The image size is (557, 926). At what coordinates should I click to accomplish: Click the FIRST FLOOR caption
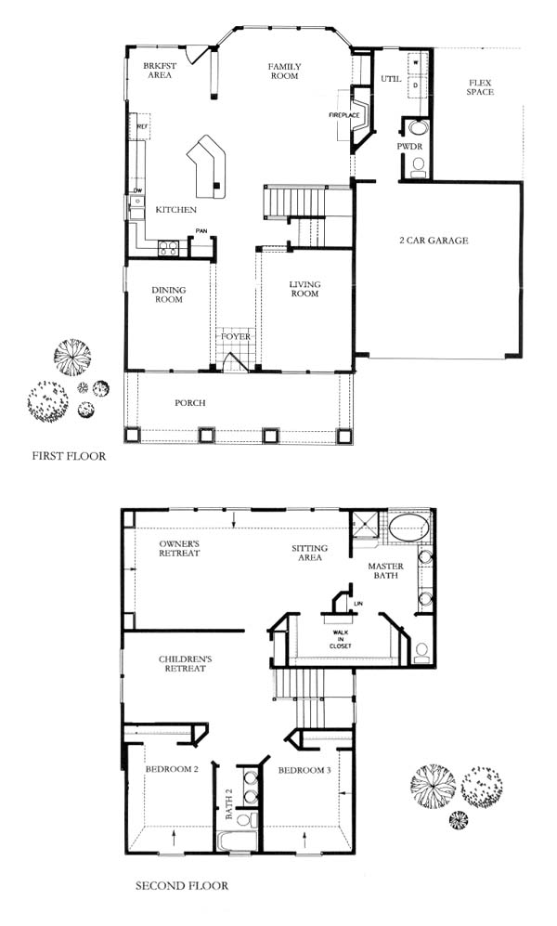(x=69, y=456)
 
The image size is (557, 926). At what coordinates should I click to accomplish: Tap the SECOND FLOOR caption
(x=182, y=885)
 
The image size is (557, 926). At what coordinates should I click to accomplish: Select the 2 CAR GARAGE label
(x=434, y=241)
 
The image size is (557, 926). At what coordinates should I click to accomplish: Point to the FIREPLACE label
(x=344, y=114)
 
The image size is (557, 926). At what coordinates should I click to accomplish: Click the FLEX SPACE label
(x=480, y=87)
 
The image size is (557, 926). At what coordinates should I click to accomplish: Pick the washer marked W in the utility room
(x=416, y=62)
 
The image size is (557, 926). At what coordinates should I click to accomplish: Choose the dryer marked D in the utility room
(x=416, y=85)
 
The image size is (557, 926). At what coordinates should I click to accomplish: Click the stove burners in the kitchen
(x=168, y=249)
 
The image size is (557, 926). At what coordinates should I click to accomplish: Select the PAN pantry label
(x=201, y=231)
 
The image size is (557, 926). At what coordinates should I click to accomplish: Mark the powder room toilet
(x=419, y=166)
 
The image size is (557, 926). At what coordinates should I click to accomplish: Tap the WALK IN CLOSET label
(x=341, y=640)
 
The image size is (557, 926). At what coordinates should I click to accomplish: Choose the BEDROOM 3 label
(x=304, y=770)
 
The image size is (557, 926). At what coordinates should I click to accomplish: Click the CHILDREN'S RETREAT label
(x=186, y=664)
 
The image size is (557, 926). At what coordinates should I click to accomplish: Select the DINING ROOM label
(x=169, y=294)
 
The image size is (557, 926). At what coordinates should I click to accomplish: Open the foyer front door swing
(x=235, y=362)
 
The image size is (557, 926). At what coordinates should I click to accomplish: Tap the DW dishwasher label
(x=137, y=190)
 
